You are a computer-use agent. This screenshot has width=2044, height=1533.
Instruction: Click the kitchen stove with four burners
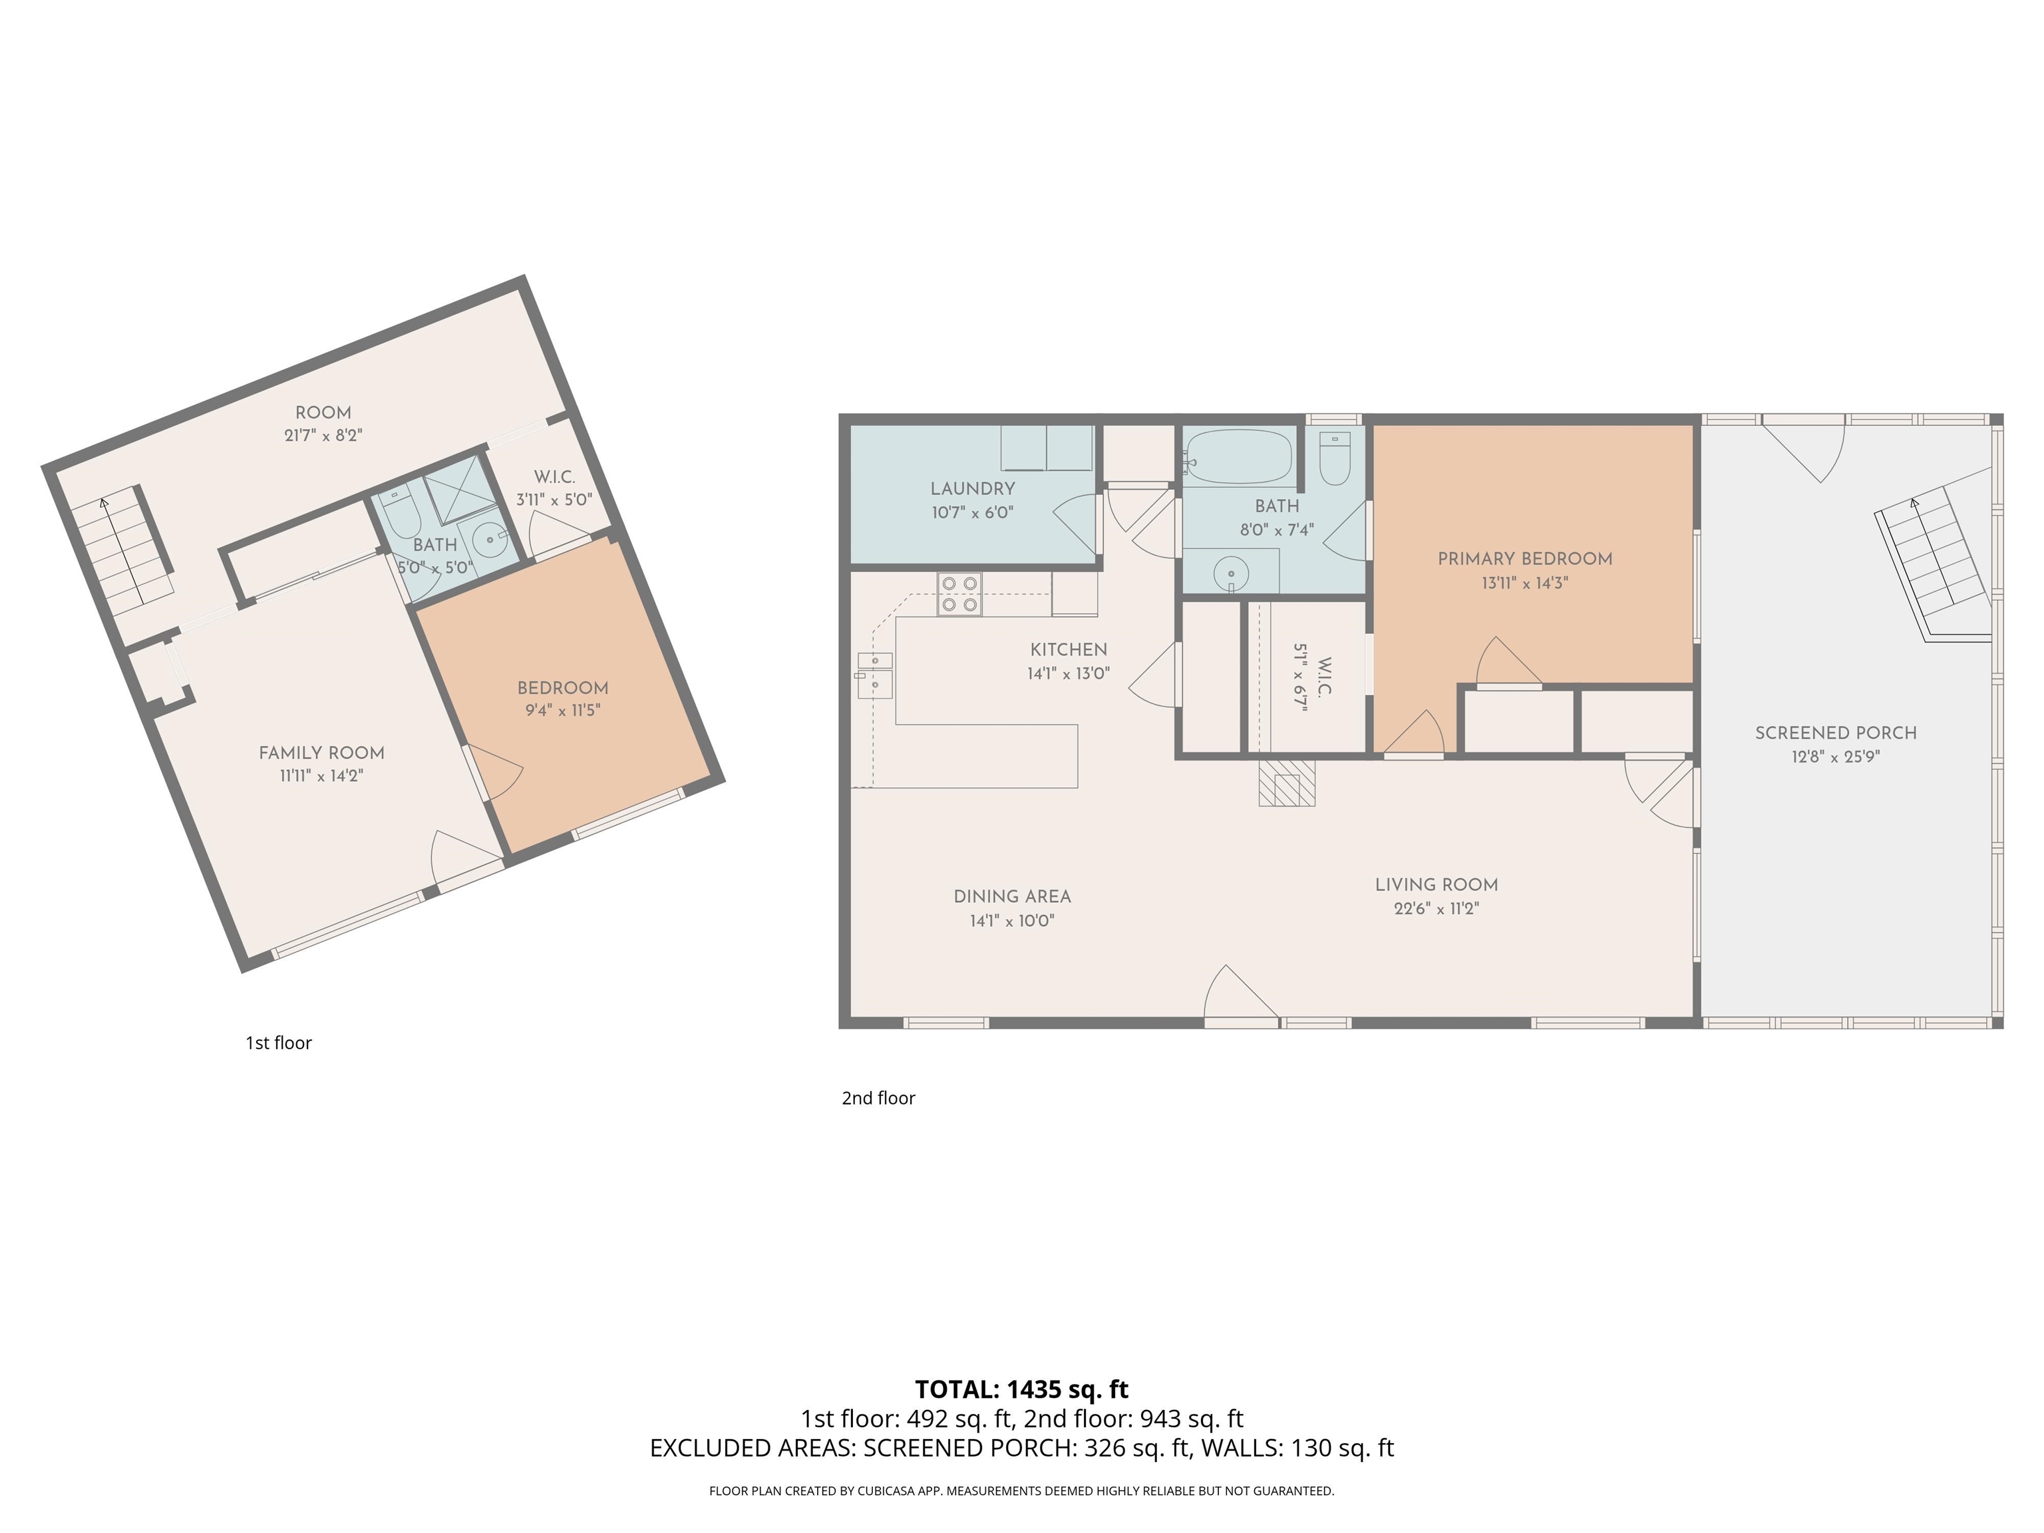tap(959, 594)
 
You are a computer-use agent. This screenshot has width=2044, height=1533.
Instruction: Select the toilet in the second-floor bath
tap(1334, 457)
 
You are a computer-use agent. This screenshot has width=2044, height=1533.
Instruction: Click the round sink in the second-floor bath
tap(1231, 574)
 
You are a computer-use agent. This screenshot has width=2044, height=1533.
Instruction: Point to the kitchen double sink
tap(874, 675)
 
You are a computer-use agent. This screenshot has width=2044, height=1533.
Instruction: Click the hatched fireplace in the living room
tap(1286, 784)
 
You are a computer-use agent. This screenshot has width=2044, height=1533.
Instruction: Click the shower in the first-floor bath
tap(458, 490)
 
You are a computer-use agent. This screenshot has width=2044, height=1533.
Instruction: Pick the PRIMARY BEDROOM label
tap(1525, 559)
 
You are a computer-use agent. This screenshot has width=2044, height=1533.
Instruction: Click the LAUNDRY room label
tap(972, 489)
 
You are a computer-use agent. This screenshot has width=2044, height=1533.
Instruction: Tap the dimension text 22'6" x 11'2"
tap(1436, 908)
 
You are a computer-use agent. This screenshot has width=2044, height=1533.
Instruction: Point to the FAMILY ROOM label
tap(321, 753)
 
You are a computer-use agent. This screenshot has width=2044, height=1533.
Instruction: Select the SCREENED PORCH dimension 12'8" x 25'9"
tap(1835, 757)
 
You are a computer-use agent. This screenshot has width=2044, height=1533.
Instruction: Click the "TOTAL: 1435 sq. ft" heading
tap(1021, 1389)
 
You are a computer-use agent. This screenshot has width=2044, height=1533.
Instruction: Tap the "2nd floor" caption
tap(878, 1098)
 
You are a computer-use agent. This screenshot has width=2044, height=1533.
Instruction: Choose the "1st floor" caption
tap(278, 1043)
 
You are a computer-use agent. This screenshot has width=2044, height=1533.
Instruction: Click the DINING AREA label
tap(1012, 896)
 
